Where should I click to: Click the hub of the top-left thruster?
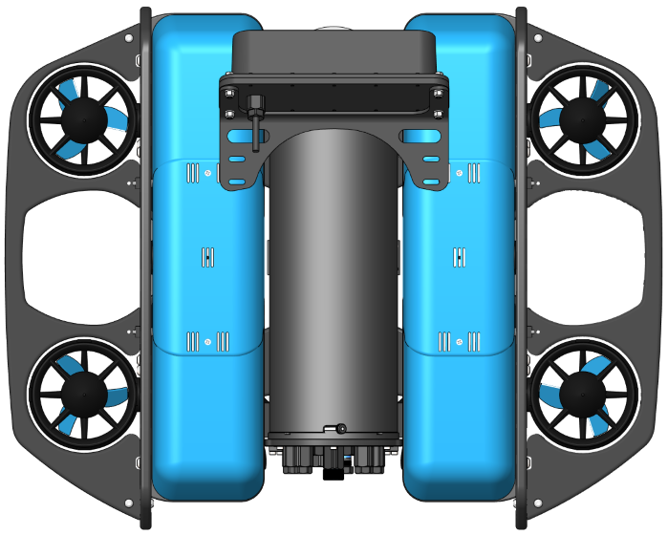[84, 119]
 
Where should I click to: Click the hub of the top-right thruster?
[583, 119]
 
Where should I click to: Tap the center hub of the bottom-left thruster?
[84, 393]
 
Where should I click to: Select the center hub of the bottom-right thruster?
[583, 393]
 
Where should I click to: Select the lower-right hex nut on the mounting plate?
[438, 114]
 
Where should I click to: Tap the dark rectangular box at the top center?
[333, 53]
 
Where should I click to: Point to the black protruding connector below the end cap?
[333, 471]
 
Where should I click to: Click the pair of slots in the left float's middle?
[207, 256]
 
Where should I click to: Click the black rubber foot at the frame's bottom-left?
[146, 522]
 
